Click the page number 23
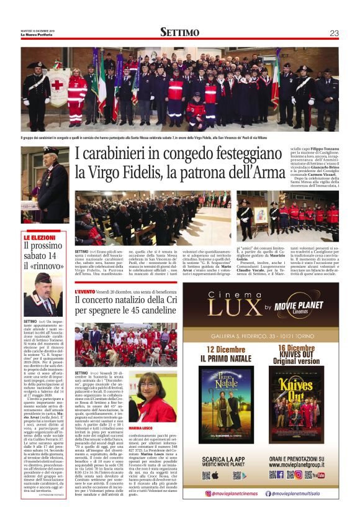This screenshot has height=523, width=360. tap(333, 33)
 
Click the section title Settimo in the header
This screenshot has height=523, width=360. tap(179, 33)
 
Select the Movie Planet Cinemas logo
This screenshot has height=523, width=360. tap(302, 307)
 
